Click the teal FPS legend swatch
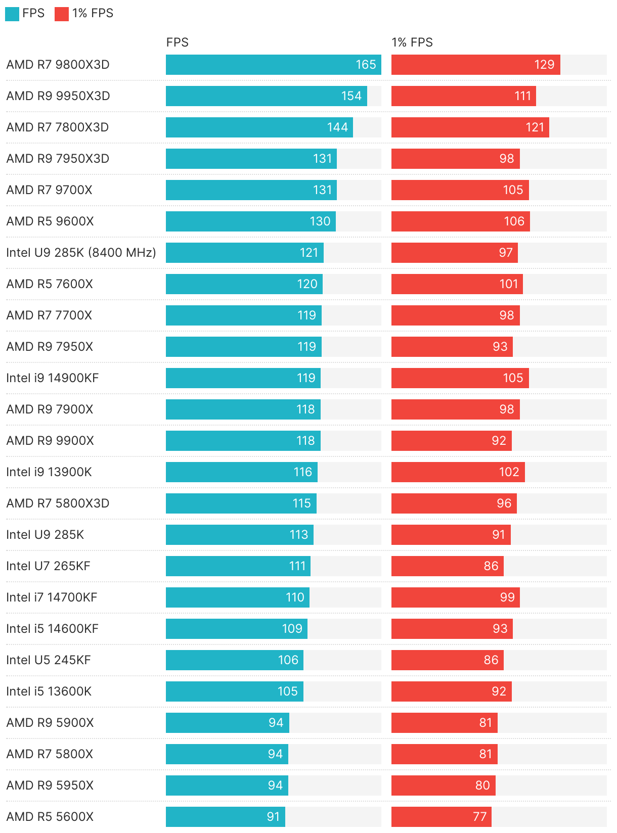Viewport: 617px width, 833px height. (12, 14)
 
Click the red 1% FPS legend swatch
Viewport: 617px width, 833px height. (61, 14)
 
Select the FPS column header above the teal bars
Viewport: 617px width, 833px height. (177, 42)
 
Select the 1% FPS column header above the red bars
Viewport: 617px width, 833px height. (412, 42)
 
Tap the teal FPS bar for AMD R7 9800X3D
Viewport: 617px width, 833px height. (273, 65)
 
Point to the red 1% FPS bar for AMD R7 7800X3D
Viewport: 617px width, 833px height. (470, 127)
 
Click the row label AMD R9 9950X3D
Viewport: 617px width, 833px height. (58, 96)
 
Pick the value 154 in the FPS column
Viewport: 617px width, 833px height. (351, 96)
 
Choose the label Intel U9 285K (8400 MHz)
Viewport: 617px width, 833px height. (81, 253)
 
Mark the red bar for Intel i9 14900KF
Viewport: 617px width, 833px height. (460, 378)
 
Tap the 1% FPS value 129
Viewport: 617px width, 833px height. (544, 65)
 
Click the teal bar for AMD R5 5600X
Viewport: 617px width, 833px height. (225, 817)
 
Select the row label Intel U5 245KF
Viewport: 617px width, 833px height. (49, 660)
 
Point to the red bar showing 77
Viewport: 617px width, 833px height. (441, 817)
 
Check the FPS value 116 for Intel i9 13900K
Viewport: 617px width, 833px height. (302, 472)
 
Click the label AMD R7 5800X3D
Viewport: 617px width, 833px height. (58, 503)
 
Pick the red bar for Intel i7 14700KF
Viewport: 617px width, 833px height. (455, 597)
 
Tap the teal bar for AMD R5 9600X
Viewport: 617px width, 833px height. (250, 221)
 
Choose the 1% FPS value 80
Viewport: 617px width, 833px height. (482, 785)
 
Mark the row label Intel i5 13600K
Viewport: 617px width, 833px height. (49, 691)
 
